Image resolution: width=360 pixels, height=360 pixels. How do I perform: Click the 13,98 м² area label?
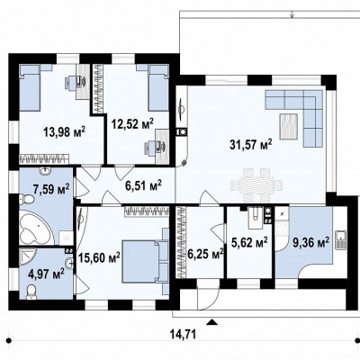[65, 131]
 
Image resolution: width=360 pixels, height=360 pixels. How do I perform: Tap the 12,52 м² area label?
[132, 123]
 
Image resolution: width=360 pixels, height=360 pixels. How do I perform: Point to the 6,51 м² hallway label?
[143, 185]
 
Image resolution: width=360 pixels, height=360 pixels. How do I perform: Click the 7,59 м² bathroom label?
[51, 189]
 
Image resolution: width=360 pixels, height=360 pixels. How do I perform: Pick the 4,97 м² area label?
[47, 274]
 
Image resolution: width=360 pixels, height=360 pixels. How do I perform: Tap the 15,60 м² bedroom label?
[99, 257]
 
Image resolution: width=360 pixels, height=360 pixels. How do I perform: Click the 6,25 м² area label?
[205, 254]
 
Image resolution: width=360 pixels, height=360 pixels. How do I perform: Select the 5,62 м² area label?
[249, 242]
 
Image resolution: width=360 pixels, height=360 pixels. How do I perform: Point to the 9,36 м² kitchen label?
[311, 242]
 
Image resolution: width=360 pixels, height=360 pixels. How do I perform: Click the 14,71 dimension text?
[183, 334]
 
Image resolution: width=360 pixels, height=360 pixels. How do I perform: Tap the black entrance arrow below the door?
[212, 322]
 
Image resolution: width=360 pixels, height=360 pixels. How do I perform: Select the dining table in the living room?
[256, 185]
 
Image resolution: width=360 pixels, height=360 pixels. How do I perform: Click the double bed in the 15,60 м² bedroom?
[146, 261]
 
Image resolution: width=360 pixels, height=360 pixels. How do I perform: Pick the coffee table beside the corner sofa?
[289, 126]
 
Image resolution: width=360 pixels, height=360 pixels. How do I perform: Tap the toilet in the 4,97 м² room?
[31, 292]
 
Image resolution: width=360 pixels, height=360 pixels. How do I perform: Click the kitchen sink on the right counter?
[341, 240]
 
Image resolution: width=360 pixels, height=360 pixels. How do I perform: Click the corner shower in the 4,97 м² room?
[28, 257]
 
